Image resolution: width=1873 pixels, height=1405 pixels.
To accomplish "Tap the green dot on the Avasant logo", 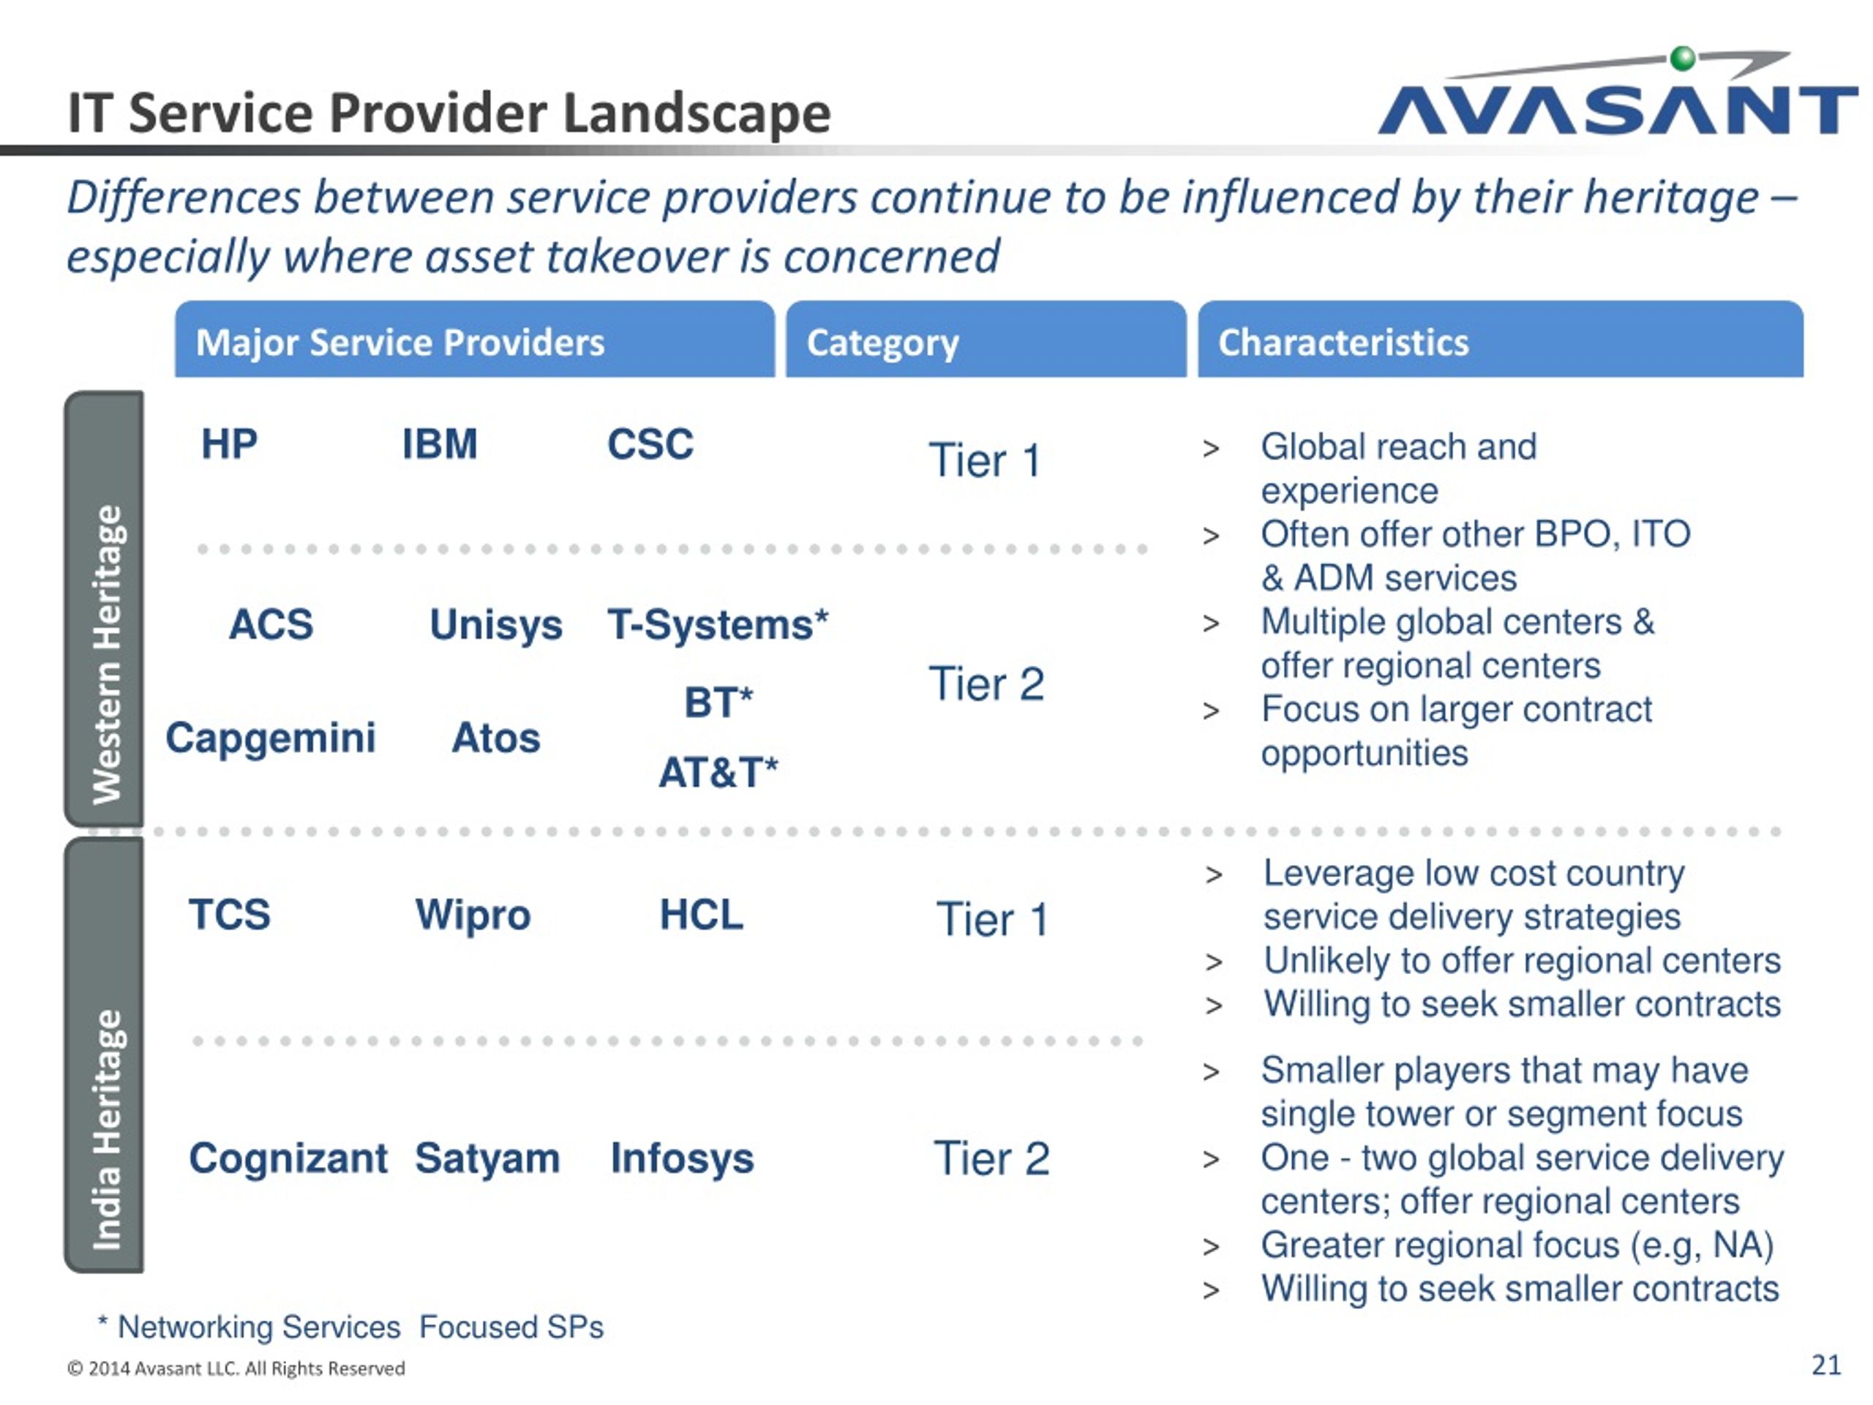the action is pyautogui.click(x=1684, y=59).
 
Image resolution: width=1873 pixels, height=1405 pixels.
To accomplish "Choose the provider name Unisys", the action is pyautogui.click(x=496, y=625).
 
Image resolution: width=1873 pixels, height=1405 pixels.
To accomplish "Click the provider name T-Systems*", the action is pyautogui.click(x=718, y=625).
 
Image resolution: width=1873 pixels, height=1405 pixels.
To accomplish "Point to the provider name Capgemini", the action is pyautogui.click(x=271, y=738).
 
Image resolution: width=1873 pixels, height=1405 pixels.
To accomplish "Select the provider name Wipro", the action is pyautogui.click(x=473, y=915).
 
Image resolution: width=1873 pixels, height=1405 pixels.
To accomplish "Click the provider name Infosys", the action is pyautogui.click(x=683, y=1158).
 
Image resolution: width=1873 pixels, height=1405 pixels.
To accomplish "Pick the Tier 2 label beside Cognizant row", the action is pyautogui.click(x=991, y=1158).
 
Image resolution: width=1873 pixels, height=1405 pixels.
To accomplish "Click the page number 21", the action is pyautogui.click(x=1826, y=1365).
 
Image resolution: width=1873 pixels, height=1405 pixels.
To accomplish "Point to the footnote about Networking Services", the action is pyautogui.click(x=350, y=1327).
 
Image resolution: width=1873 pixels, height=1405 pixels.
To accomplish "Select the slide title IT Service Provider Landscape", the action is pyautogui.click(x=448, y=113).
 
